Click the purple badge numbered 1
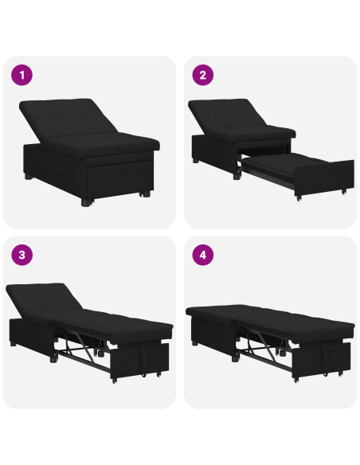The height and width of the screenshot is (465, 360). [22, 76]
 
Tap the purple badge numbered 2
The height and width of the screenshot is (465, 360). [202, 76]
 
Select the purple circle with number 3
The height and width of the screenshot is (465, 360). [22, 256]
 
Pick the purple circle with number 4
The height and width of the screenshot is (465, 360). [202, 256]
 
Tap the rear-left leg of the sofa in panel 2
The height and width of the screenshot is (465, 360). [196, 159]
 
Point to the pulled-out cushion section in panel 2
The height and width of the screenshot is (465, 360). [279, 165]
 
